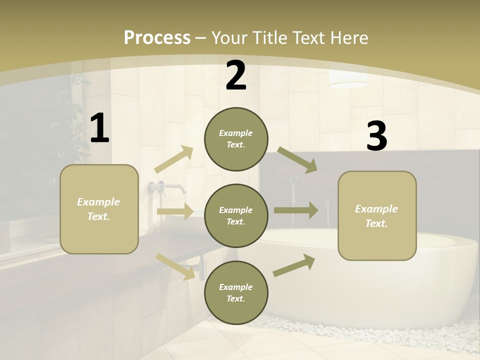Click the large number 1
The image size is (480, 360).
coord(99,128)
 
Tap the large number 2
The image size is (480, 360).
coord(236,76)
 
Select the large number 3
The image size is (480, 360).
coord(376,137)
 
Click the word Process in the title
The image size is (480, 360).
coord(157,37)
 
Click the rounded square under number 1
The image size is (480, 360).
coord(99,209)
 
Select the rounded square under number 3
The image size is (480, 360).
coord(377,216)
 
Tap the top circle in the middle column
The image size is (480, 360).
coord(236,139)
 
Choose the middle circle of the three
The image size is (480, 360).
coord(236,216)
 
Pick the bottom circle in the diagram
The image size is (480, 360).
coord(236,293)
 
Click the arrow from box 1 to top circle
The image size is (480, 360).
coord(174,159)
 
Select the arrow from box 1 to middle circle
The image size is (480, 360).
coord(175,211)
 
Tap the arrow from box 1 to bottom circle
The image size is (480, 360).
coord(175,266)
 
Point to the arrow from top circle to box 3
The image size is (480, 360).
coord(297,160)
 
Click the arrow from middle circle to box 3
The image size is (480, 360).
coord(296,210)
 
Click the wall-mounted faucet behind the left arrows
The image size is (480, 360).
coord(167,187)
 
